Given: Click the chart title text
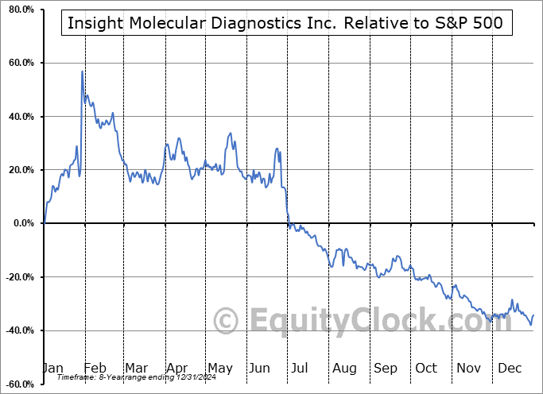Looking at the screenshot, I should tap(285, 23).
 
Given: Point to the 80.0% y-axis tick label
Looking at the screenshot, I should tap(21, 10).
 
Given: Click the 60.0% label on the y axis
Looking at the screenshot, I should tap(21, 63).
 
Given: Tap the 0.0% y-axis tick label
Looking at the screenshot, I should tap(23, 223).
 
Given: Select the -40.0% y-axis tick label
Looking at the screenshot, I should tap(19, 330).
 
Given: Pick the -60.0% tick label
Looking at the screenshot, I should tap(19, 384).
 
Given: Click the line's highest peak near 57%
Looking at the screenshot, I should tap(82, 71).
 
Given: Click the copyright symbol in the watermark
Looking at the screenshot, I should tap(227, 321).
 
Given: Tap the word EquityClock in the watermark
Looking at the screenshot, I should tap(342, 321).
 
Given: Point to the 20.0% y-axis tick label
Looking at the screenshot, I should tap(21, 170).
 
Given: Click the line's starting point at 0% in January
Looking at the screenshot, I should tap(45, 223).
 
